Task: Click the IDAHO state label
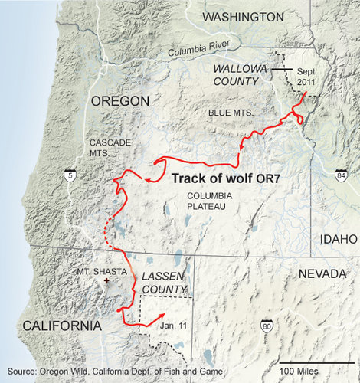(335, 238)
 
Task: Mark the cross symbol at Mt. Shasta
(106, 282)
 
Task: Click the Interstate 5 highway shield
(70, 175)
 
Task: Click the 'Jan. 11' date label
(173, 324)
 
